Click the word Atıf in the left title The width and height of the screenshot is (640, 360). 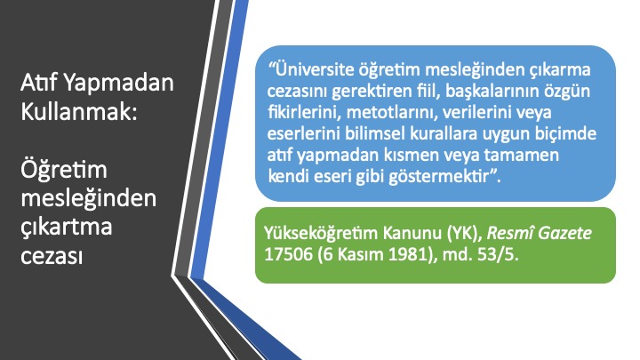click(x=40, y=82)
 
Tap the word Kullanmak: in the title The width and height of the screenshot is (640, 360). click(x=79, y=111)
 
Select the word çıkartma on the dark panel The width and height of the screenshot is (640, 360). click(x=66, y=227)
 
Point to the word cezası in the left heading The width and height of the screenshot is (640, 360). click(x=52, y=256)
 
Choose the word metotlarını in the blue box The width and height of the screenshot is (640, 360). click(x=392, y=112)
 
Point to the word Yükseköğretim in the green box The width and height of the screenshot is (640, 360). click(x=321, y=234)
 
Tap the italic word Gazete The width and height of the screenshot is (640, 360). click(x=565, y=234)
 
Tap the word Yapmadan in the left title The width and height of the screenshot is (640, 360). click(x=119, y=83)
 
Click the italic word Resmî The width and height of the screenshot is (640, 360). click(x=510, y=234)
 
